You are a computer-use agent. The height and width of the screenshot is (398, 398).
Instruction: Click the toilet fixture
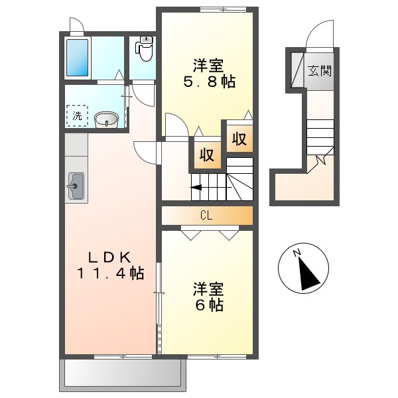pos(145,48)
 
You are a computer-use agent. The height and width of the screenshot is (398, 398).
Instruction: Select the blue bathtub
pos(78,58)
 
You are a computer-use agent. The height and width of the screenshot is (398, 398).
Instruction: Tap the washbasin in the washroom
pos(106,120)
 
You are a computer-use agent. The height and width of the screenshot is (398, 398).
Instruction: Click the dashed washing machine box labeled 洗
pos(78,116)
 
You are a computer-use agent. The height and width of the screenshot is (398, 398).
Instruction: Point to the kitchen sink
pos(76,186)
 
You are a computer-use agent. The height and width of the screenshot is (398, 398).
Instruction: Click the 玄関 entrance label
pos(320,71)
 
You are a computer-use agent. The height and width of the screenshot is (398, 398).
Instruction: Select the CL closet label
pos(206,216)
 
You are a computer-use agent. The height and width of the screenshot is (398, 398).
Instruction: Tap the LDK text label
pos(109,258)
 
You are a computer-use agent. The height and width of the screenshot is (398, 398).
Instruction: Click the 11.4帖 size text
pos(111,273)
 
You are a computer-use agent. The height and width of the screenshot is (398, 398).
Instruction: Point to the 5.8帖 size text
pos(210,82)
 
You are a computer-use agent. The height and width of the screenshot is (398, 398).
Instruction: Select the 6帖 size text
pos(209,305)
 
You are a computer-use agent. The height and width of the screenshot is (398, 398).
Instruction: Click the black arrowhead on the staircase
pos(196,188)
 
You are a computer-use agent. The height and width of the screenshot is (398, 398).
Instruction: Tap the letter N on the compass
pos(297,253)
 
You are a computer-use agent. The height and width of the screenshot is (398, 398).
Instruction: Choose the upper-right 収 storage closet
pos(239,139)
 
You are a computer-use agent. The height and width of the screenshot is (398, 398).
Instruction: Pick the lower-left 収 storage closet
pos(208,155)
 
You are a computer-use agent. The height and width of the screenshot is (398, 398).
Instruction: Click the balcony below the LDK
pos(123,375)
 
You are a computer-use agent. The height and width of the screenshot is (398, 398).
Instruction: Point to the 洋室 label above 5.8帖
pos(208,66)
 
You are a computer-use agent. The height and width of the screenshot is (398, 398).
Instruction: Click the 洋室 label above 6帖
pos(208,289)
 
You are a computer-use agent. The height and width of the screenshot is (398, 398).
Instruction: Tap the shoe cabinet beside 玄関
pos(297,70)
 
